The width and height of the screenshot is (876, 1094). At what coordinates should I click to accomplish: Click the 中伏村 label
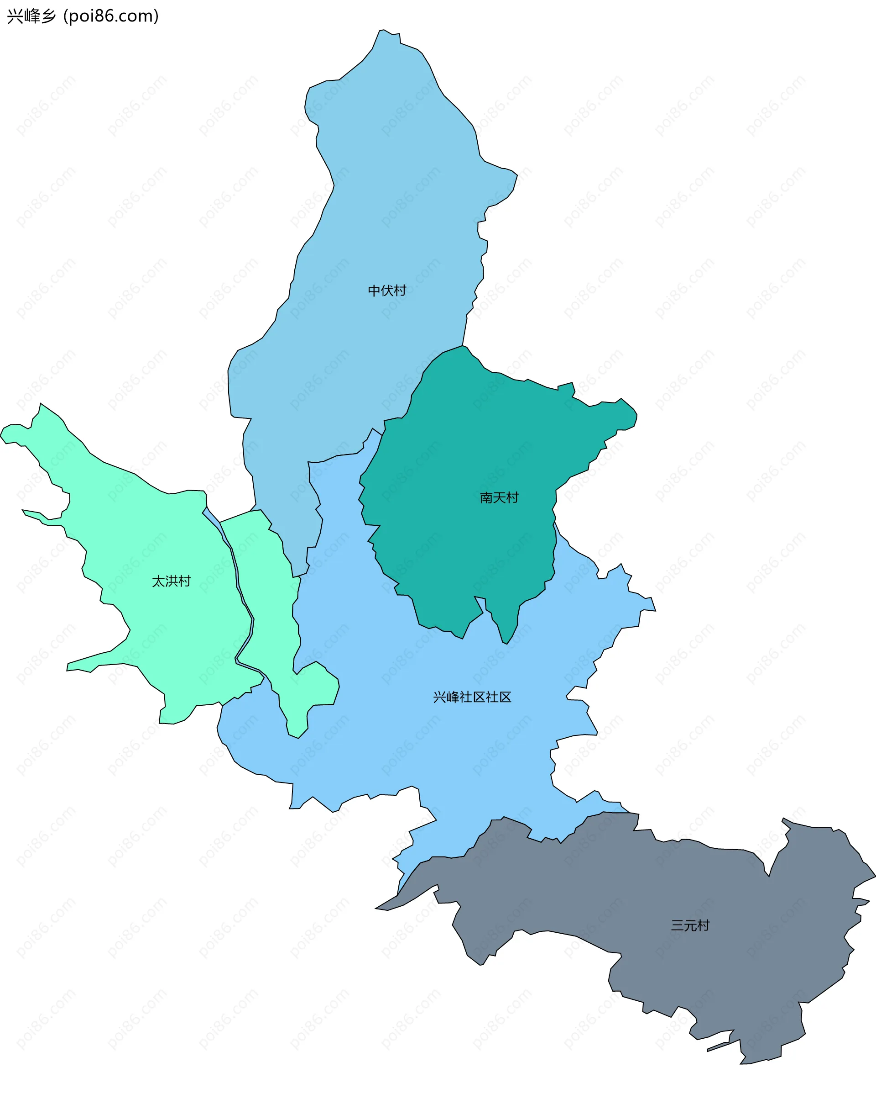387,291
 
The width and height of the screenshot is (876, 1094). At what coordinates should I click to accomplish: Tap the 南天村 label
499,498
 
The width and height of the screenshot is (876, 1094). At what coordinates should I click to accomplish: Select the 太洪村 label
172,581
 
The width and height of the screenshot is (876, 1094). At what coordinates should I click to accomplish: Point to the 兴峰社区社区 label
472,697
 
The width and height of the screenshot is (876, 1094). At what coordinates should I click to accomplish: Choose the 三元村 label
690,925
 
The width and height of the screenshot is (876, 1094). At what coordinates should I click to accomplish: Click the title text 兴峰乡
31,16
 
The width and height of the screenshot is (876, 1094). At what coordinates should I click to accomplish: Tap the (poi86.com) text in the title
111,16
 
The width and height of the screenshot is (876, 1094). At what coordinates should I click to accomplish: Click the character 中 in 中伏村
374,291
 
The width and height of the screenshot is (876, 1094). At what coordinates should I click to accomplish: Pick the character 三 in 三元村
677,925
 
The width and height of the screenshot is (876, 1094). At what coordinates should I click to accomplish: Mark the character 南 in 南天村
487,498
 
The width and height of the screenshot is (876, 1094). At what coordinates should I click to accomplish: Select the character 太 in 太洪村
159,581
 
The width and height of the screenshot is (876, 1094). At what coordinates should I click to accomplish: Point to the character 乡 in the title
49,16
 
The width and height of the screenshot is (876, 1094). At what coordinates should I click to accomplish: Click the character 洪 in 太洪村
172,581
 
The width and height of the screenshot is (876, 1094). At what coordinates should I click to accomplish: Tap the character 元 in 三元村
690,925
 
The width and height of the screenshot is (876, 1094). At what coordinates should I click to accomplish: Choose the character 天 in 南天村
499,498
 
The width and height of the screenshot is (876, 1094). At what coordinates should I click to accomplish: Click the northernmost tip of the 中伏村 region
384,31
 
